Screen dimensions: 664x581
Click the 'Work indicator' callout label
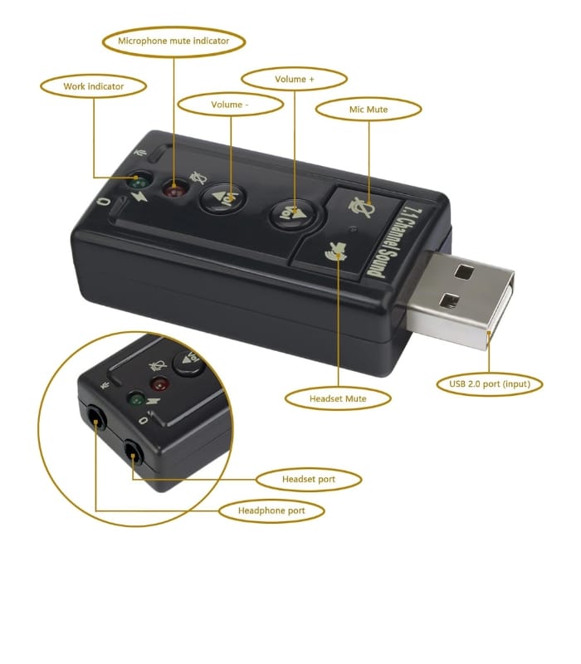click(93, 86)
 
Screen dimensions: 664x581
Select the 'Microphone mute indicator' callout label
click(173, 41)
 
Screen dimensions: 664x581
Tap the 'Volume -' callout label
click(230, 105)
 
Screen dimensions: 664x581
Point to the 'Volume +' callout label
click(294, 80)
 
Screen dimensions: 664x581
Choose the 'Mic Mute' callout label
click(369, 109)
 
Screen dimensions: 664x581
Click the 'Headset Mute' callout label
click(338, 398)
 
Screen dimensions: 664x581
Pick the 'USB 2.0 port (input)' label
click(490, 383)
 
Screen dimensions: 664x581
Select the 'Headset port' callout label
click(309, 479)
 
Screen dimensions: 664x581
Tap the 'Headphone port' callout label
click(271, 510)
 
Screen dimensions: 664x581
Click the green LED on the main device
click(139, 180)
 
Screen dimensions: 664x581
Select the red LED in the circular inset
click(159, 384)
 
